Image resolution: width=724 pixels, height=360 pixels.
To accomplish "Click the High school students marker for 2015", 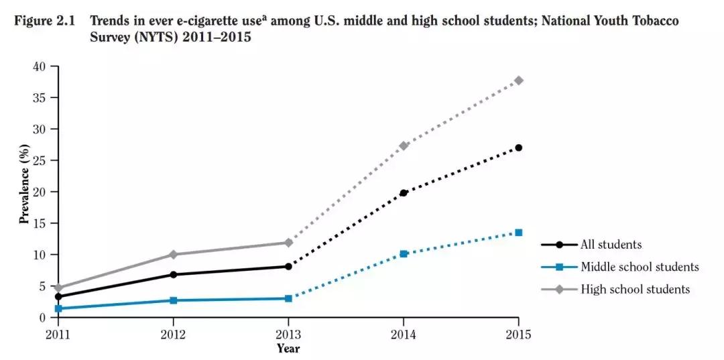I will tap(518, 80).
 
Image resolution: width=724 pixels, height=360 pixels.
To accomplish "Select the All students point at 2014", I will tap(404, 193).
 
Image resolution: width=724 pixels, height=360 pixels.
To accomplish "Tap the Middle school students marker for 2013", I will tap(288, 298).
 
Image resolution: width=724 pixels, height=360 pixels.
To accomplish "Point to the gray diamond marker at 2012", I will tap(173, 255).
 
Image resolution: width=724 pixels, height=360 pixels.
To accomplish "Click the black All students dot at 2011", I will tap(59, 296).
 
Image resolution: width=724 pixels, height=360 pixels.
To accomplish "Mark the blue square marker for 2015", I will tap(518, 233).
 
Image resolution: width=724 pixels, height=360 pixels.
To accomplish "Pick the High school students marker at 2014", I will tap(404, 145).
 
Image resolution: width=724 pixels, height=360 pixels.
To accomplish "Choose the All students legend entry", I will tap(611, 245).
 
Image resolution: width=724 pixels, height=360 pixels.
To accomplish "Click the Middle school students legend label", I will tap(640, 267).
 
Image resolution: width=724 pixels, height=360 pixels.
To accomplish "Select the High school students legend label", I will tap(635, 290).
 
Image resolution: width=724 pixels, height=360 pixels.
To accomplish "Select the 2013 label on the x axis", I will tap(288, 334).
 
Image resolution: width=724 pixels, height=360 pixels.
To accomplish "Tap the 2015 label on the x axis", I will tap(518, 334).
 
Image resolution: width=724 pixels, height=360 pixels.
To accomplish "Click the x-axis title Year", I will tap(288, 349).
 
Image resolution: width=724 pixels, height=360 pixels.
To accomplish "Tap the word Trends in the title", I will tap(110, 21).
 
